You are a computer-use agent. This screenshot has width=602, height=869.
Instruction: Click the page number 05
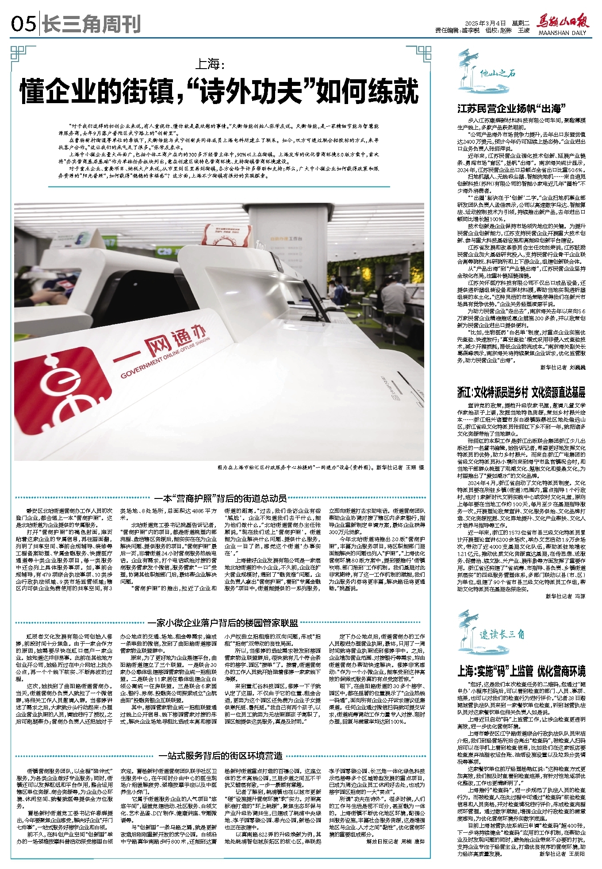click(23, 23)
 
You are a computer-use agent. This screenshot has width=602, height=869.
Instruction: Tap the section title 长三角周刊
click(91, 24)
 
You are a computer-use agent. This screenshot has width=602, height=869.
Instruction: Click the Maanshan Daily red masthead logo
click(562, 22)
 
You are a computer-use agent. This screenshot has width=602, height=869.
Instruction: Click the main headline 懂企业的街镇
click(219, 91)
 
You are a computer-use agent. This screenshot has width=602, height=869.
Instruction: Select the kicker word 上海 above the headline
click(210, 65)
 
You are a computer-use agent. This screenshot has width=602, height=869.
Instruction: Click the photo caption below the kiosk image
click(320, 467)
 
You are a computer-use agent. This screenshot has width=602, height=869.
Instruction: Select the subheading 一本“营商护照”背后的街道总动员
click(220, 498)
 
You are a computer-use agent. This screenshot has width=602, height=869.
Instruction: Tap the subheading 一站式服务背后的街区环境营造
click(220, 755)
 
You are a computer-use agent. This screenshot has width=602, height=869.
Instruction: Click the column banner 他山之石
click(497, 73)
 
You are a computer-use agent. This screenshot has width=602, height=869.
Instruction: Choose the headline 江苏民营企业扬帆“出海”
click(512, 108)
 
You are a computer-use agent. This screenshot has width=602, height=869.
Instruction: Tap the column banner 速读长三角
click(502, 634)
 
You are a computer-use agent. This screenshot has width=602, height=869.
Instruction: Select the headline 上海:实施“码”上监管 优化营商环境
click(521, 671)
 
